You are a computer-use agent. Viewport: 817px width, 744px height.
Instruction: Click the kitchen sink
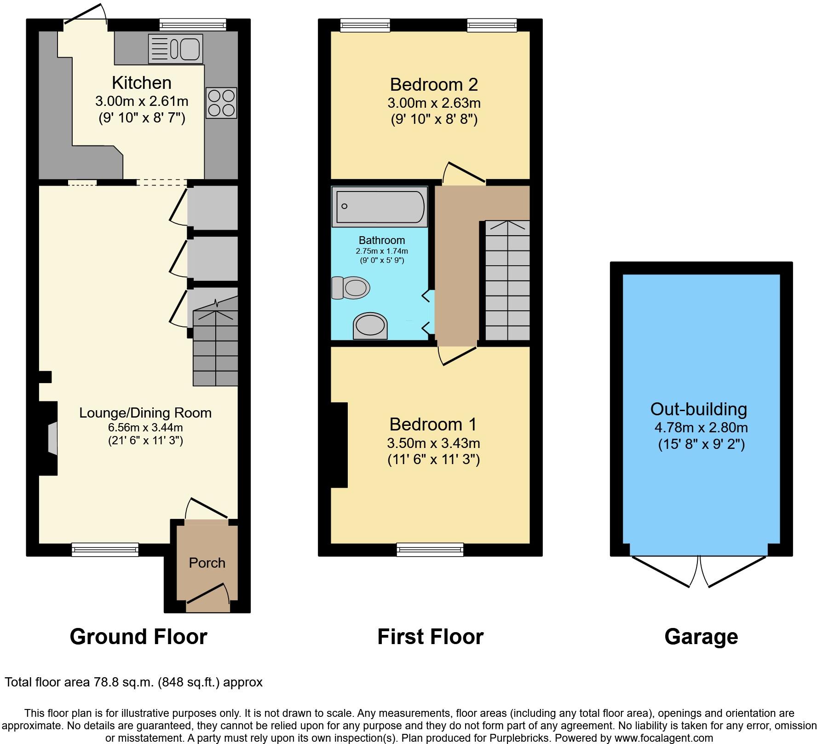coord(175,48)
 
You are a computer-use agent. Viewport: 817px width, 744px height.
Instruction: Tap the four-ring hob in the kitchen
coord(221,103)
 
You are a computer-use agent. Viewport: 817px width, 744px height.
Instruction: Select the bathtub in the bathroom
coord(380,207)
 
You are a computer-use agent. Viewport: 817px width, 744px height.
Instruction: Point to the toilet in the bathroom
coord(351,288)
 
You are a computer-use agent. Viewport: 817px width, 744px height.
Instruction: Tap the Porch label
coord(207,563)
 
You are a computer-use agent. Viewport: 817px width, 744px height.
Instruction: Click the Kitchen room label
coord(142,83)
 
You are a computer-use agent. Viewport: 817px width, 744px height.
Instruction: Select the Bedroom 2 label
coord(434,85)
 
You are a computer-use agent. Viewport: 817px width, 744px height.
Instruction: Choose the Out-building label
coord(698,409)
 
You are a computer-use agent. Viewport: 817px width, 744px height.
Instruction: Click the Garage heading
coord(701,637)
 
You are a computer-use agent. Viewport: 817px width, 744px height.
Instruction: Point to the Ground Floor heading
coord(138,637)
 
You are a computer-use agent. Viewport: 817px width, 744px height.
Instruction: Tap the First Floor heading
coord(430,637)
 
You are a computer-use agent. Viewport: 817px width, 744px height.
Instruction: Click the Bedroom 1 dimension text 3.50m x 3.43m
coord(433,443)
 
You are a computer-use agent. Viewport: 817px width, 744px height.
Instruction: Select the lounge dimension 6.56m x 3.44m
coord(145,428)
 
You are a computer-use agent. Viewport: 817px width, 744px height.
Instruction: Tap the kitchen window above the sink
coord(193,24)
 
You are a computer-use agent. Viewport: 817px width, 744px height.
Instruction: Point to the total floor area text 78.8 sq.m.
coord(133,682)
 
